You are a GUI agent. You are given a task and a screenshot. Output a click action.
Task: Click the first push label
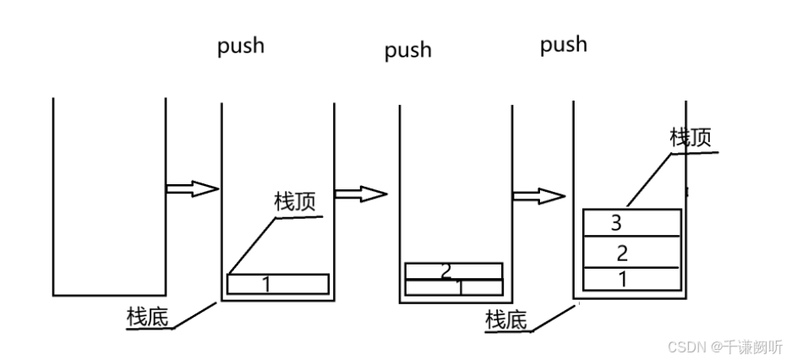[241, 46]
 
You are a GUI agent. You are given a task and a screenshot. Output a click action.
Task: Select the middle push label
[407, 51]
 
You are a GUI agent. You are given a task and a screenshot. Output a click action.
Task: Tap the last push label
[563, 44]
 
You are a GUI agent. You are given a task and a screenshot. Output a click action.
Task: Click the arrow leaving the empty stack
[193, 188]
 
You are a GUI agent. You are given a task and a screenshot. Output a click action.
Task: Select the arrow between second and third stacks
[361, 194]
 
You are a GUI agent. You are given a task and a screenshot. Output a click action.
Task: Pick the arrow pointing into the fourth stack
[538, 196]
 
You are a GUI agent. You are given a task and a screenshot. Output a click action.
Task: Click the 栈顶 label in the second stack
[295, 202]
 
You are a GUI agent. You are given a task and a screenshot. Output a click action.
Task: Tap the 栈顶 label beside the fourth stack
[690, 138]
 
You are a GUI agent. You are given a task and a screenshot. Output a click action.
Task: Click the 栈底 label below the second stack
[147, 317]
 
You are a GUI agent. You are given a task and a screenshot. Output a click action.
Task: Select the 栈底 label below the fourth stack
[505, 319]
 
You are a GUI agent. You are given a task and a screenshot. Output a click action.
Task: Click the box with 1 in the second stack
[277, 284]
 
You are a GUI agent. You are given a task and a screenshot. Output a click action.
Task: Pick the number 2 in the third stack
[447, 271]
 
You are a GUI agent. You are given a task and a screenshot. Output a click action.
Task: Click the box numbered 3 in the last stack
[631, 223]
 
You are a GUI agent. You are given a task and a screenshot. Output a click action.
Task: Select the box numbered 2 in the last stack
[631, 253]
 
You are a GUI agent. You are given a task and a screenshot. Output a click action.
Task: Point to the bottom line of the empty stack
[109, 295]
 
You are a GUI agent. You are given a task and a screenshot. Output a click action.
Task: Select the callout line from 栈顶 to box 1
[252, 246]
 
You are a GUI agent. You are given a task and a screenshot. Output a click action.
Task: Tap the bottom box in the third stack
[454, 287]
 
